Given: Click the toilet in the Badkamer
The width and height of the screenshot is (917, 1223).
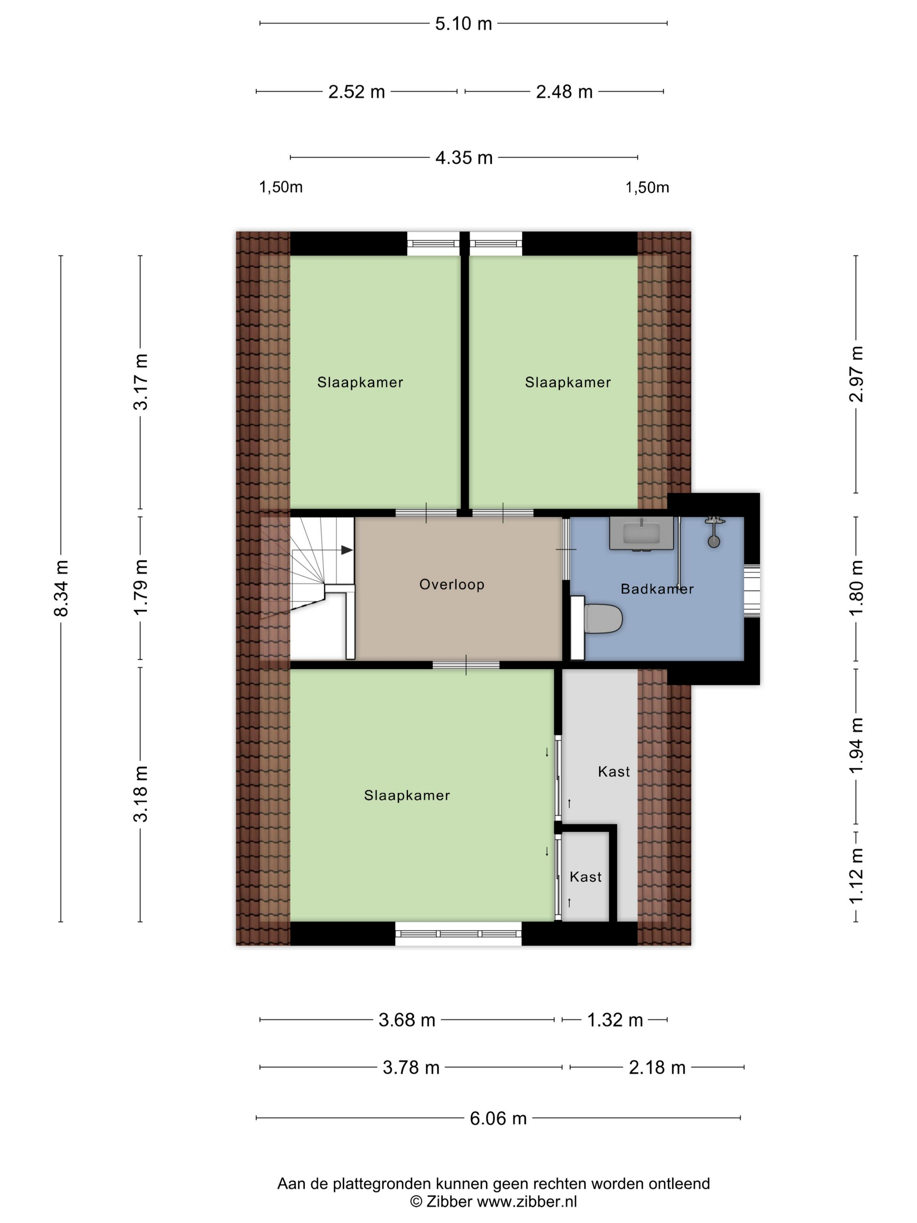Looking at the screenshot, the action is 596,618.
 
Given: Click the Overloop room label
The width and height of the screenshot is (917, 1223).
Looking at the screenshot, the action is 452,584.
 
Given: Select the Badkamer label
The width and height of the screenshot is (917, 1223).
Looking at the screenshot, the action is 657,589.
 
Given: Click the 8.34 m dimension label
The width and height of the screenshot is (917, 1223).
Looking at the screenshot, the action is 61,588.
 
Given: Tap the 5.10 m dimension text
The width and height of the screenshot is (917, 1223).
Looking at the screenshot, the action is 463,24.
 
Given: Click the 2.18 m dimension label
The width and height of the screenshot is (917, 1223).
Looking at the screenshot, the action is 657,1068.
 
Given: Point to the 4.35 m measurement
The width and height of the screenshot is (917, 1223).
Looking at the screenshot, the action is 464,158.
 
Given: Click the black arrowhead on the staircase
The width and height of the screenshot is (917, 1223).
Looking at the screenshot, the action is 347,550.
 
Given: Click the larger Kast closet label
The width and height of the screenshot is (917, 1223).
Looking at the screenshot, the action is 614,772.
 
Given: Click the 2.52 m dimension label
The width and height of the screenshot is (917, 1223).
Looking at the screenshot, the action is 356,92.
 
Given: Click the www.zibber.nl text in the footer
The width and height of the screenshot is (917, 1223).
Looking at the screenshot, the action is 527,1202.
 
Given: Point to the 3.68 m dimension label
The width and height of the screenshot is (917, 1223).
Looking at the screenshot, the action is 407,1020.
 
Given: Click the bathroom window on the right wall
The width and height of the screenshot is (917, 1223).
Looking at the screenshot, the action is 752,590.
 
